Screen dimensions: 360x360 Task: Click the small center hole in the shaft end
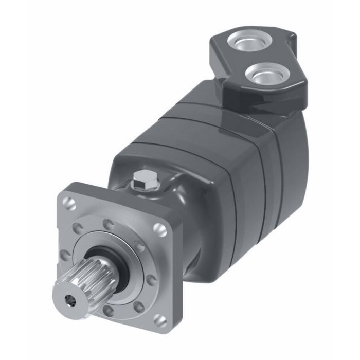coord(68,297)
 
